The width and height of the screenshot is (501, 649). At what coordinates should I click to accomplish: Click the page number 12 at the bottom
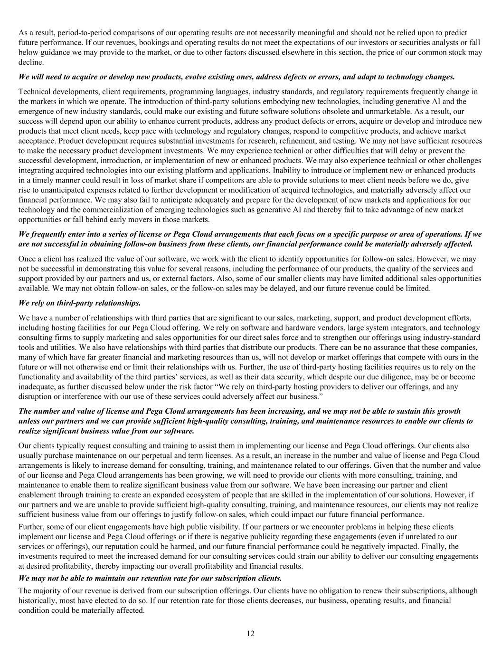250,633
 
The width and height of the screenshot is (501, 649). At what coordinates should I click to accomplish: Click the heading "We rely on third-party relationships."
79,303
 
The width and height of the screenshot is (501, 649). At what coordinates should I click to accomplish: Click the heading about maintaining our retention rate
150,578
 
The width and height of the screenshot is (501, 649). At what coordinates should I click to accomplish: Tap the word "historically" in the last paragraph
36,601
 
